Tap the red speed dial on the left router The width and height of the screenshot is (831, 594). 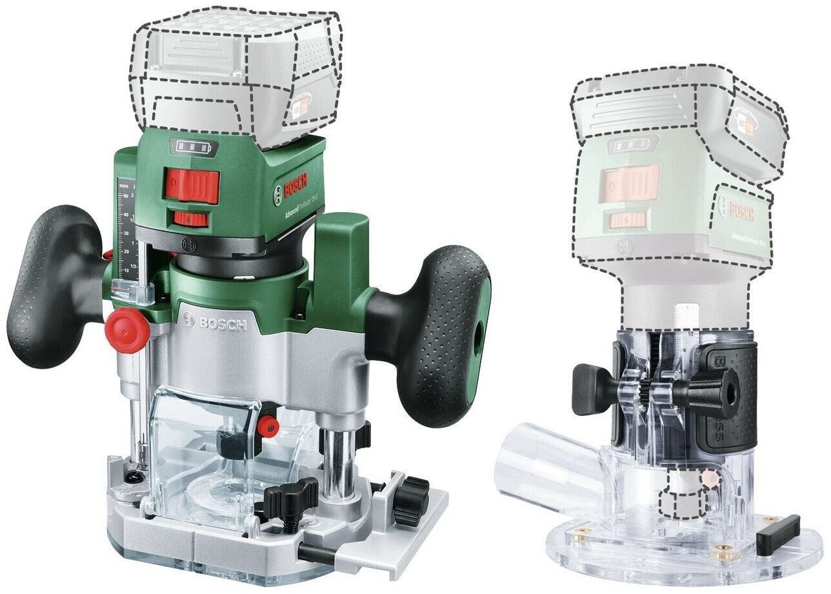pos(190,219)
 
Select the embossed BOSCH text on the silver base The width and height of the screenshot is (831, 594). pos(216,321)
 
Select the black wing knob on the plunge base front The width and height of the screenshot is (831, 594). pos(290,497)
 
